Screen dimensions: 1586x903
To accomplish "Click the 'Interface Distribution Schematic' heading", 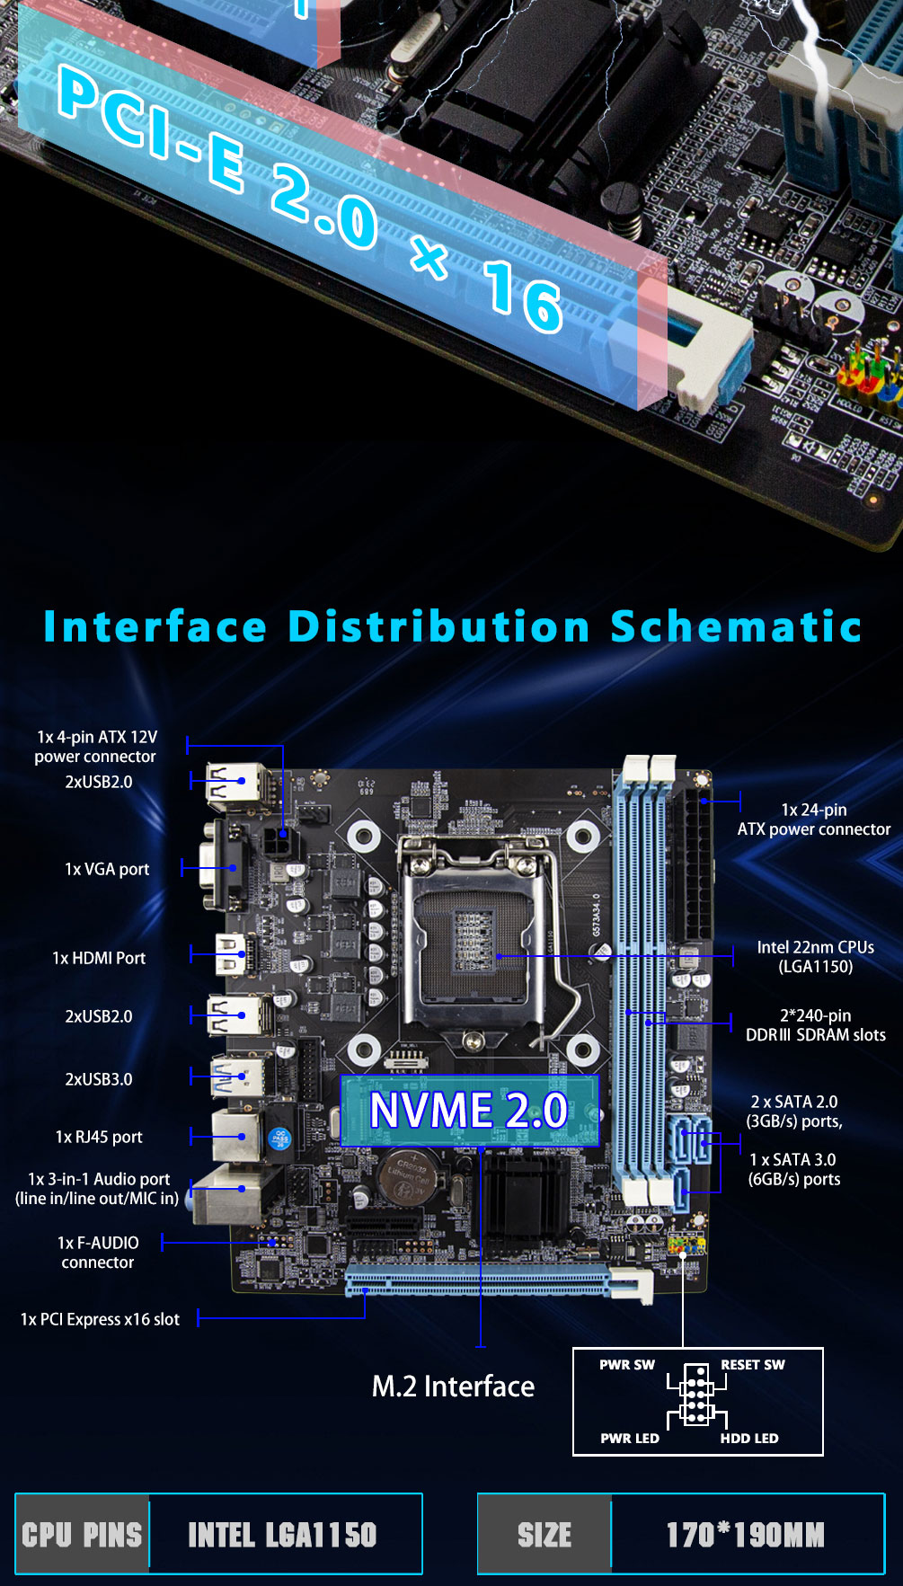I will pos(452,626).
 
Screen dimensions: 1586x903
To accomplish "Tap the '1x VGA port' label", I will pos(107,869).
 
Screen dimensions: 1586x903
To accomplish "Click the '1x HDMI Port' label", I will pos(99,958).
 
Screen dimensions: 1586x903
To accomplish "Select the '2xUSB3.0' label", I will pos(99,1079).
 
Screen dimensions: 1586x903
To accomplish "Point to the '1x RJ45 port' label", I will pos(99,1137).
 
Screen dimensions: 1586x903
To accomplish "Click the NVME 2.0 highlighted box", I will pos(469,1111).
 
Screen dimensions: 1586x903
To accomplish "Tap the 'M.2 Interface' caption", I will pos(453,1387).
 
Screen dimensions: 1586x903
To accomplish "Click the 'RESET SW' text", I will pos(753,1364).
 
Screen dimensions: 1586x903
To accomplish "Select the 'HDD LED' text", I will pos(749,1438).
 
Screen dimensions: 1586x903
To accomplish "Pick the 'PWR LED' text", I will pos(630,1438).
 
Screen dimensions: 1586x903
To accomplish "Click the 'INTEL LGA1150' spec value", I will pos(282,1535).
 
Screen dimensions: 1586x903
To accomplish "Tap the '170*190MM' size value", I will pos(745,1535).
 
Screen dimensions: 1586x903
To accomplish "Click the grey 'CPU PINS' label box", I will pos(82,1535).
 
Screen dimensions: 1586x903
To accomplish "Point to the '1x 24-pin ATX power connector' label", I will pos(813,820).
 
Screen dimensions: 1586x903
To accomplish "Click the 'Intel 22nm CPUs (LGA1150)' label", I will pos(815,957).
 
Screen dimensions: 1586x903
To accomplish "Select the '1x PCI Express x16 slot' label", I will pos(100,1319).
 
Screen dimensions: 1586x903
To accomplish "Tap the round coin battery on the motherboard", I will pos(407,1177).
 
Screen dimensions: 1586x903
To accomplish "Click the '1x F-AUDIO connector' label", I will pos(98,1253).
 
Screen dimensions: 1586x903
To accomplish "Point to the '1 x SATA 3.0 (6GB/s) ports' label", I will pos(793,1169).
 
